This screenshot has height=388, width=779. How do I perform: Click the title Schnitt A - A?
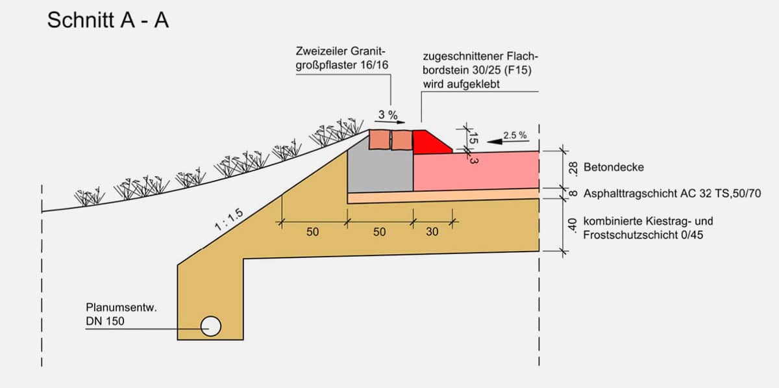(x=108, y=20)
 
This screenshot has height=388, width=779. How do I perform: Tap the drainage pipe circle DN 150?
(x=211, y=326)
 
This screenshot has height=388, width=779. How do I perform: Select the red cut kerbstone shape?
(x=430, y=143)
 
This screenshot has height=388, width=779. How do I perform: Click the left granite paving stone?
(x=379, y=139)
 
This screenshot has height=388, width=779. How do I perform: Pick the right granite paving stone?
(x=402, y=140)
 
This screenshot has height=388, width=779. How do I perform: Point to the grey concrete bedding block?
(x=380, y=171)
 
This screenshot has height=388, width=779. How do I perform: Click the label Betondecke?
(x=613, y=167)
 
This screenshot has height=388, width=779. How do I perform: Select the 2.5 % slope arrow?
(x=508, y=142)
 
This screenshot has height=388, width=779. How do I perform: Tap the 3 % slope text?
(x=388, y=114)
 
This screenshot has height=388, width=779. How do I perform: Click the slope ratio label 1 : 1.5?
(x=229, y=220)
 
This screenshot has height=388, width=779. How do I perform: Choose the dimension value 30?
(x=432, y=231)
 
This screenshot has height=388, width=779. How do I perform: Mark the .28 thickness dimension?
(x=573, y=169)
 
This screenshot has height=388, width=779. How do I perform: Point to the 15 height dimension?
(x=473, y=138)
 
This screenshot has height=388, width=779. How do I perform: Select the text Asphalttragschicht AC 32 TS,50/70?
(x=672, y=193)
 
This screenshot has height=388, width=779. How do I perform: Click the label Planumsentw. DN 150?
(x=121, y=314)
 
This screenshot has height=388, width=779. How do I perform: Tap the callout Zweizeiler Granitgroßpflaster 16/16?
(x=342, y=58)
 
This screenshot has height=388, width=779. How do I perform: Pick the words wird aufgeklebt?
(x=461, y=84)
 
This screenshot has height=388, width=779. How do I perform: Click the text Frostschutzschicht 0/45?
(x=643, y=235)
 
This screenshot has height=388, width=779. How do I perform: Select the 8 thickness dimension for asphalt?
(x=573, y=193)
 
